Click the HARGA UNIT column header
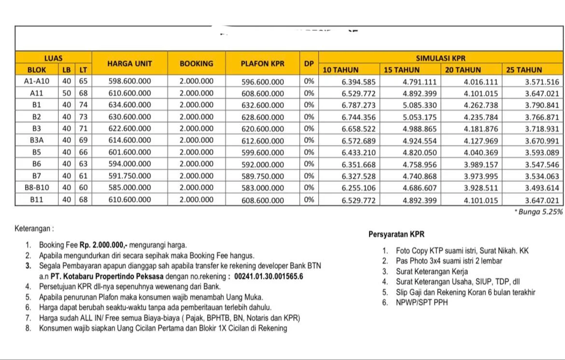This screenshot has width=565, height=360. (x=129, y=63)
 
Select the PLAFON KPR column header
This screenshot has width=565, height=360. (x=263, y=63)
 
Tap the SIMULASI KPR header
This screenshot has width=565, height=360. (x=441, y=58)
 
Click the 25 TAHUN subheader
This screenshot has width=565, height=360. (x=524, y=70)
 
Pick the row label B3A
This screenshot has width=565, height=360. (x=37, y=140)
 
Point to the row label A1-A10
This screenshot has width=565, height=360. (x=37, y=81)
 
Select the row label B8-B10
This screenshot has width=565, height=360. (x=37, y=187)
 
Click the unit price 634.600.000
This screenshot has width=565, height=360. (x=129, y=105)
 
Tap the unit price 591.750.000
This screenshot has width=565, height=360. (x=129, y=176)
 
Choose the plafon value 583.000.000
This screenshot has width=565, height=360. (x=263, y=188)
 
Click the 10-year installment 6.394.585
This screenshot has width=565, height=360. (x=358, y=82)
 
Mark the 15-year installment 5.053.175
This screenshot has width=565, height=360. (x=420, y=117)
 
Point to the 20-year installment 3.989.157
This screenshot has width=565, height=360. (x=481, y=164)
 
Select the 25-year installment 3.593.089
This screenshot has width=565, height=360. (x=542, y=152)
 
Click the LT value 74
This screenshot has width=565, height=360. (x=84, y=105)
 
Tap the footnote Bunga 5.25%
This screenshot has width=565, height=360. (x=539, y=212)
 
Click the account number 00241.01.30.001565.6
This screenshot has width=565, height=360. (x=268, y=276)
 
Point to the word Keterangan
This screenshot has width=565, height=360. (x=33, y=228)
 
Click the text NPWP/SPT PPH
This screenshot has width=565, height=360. (x=422, y=302)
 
